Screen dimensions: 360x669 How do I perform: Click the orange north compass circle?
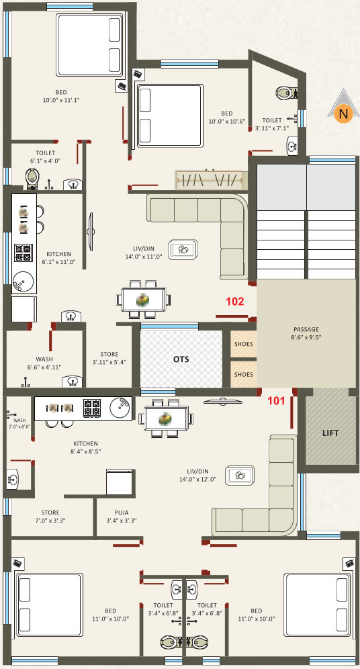343,114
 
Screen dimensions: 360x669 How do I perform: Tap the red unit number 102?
234,302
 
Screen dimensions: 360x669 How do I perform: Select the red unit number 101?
276,400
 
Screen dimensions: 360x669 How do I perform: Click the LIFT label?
330,433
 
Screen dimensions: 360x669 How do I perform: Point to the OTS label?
181,359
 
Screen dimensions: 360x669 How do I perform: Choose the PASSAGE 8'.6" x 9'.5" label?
306,332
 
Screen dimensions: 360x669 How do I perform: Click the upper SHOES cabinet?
244,344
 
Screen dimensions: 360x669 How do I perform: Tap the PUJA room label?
122,517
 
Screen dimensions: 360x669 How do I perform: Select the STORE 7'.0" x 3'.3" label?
50,517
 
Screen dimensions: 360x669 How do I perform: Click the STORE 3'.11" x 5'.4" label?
109,358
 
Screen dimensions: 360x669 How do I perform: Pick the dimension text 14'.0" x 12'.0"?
197,479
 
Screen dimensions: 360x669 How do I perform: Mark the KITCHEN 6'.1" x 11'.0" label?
59,258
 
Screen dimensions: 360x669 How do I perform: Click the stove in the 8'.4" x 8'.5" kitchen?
92,408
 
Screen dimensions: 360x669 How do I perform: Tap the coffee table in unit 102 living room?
183,250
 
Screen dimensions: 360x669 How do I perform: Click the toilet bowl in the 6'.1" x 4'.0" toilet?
32,179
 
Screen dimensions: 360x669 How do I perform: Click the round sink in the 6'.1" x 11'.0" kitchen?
20,280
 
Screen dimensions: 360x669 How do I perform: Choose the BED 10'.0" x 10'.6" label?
227,117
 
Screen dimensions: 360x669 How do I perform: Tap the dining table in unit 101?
165,418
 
